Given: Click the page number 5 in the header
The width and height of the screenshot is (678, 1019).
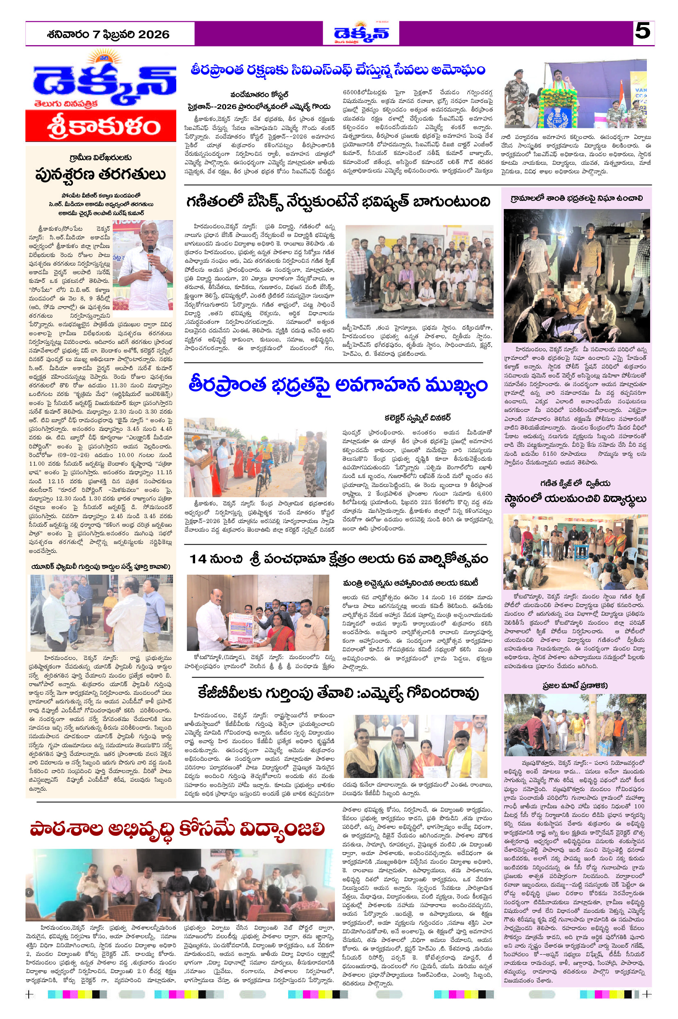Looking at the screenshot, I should coord(643,32).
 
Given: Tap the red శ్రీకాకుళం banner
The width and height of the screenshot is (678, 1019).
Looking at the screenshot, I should coord(101,126).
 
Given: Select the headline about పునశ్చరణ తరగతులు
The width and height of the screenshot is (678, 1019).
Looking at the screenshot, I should coord(101,174).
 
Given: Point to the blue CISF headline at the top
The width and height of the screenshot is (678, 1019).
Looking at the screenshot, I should coord(338,70).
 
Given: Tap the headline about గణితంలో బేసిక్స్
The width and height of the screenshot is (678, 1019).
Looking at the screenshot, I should coord(338,202).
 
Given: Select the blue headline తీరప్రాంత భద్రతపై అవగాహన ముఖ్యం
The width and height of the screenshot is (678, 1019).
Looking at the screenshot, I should coord(338,385).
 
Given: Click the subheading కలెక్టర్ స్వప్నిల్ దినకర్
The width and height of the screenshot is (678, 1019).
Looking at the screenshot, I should coord(418,418).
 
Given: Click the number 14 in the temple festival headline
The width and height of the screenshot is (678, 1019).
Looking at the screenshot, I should coord(198,559).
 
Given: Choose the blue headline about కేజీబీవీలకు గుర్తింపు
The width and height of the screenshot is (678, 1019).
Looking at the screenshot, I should coord(338,693).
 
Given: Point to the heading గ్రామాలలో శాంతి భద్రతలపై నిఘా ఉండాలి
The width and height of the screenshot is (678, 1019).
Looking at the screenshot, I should coord(576,198).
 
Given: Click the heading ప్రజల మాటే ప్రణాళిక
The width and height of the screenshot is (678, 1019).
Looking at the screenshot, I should coord(575,685).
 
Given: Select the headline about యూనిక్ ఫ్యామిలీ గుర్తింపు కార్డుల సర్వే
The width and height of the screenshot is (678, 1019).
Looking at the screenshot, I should coord(101,566).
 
